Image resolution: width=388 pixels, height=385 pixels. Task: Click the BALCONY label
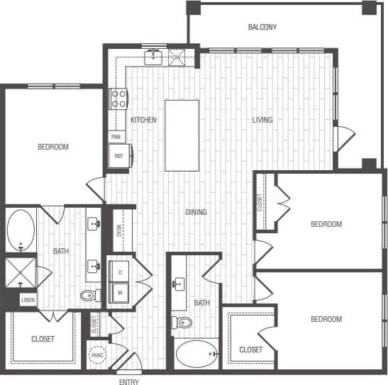pyautogui.click(x=262, y=28)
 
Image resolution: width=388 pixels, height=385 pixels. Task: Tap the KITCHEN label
pyautogui.click(x=143, y=120)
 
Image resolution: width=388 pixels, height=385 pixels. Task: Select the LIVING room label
pyautogui.click(x=262, y=120)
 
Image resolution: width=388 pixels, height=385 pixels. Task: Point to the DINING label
pyautogui.click(x=196, y=212)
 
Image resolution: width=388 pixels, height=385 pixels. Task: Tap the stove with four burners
pyautogui.click(x=118, y=98)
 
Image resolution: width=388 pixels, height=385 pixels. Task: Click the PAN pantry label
pyautogui.click(x=115, y=136)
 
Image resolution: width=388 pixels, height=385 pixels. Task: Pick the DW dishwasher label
pyautogui.click(x=187, y=57)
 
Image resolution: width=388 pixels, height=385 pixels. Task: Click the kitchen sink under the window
pyautogui.click(x=154, y=56)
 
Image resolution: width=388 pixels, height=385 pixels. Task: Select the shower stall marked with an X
pyautogui.click(x=20, y=272)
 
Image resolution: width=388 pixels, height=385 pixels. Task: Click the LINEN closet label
pyautogui.click(x=28, y=301)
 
